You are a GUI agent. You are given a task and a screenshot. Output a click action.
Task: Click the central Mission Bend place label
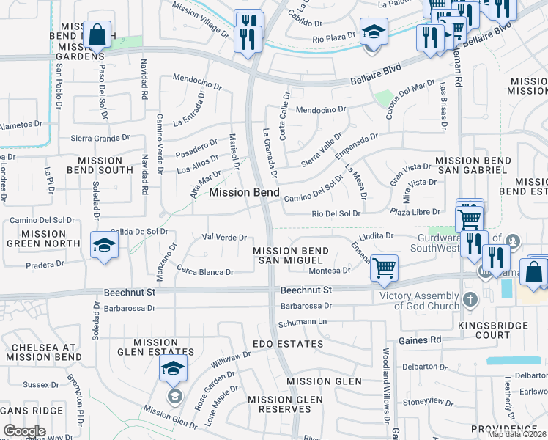tap(244, 192)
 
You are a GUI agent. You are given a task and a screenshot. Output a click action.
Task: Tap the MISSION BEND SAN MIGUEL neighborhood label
tap(291, 256)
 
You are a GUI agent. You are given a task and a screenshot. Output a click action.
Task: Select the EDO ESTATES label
tap(287, 344)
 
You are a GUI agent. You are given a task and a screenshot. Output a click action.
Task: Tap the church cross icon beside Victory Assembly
tap(470, 299)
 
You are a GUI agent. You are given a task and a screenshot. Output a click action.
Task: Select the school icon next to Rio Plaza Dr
tap(373, 32)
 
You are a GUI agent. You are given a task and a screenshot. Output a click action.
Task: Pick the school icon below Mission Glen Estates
tap(173, 369)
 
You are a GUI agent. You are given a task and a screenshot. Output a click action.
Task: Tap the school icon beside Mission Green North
tap(104, 245)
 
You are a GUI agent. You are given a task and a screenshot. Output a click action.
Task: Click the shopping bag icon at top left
tap(97, 34)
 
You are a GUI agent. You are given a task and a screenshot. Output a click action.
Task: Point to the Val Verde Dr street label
tap(223, 238)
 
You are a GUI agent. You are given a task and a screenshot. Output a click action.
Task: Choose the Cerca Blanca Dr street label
tap(204, 271)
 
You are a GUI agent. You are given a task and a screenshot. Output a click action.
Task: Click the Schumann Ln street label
tap(301, 323)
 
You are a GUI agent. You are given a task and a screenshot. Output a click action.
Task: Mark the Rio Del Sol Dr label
tap(336, 213)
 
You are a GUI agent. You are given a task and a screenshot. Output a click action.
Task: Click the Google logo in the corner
tap(24, 431)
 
